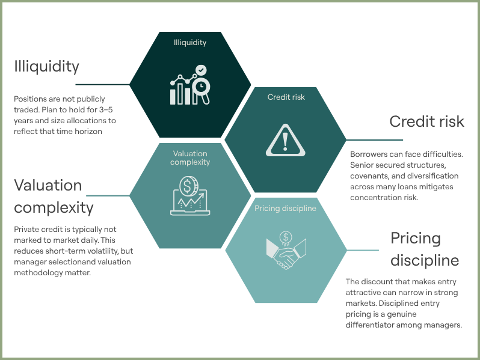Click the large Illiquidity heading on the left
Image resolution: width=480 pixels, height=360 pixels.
[46, 66]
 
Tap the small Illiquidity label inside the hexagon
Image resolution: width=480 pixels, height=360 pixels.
[190, 42]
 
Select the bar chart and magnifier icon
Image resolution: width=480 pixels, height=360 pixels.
[190, 85]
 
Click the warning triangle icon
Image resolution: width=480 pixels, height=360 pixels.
[285, 141]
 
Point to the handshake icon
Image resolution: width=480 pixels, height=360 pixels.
[286, 250]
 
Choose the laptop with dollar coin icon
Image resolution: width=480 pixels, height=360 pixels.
[190, 196]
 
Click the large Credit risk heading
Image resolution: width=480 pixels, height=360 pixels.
[426, 121]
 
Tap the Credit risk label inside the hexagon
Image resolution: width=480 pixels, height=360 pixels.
[286, 97]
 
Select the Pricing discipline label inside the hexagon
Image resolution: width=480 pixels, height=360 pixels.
[285, 209]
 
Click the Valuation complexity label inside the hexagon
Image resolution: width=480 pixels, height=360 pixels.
[190, 158]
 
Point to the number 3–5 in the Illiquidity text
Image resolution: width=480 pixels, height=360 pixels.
[106, 109]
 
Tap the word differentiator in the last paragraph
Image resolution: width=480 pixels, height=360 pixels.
[370, 325]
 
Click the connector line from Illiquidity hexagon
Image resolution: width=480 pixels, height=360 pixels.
[102, 84]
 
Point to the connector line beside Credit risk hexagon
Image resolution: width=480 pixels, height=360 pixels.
[374, 140]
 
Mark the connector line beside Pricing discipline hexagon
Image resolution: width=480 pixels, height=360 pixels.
[363, 250]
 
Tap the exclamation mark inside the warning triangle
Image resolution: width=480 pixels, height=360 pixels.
[285, 142]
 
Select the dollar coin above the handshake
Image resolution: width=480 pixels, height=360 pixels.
[286, 237]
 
